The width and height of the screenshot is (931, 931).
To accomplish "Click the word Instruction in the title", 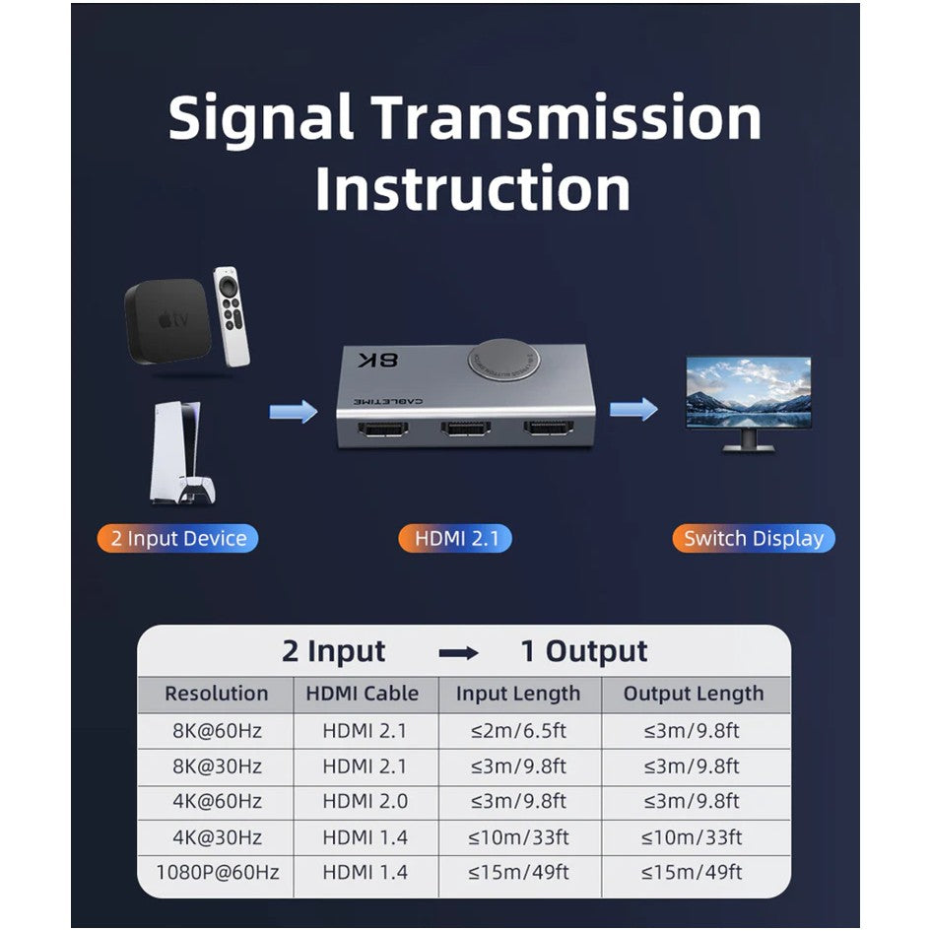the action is [472, 189].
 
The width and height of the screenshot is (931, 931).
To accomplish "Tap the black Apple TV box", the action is [167, 322].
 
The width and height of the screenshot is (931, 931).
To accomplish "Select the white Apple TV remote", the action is [232, 316].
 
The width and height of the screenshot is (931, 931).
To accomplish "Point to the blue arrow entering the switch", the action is [294, 411].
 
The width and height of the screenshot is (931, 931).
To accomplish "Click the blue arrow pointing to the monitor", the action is [633, 409].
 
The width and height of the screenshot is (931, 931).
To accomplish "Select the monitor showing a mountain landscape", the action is [748, 404].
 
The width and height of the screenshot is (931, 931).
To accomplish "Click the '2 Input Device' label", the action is [177, 538].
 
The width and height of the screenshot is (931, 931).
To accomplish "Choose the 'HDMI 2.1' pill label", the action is [455, 538].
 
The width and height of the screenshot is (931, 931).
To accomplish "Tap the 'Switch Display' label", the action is [754, 538].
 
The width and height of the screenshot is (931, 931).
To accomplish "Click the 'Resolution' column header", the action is [216, 694].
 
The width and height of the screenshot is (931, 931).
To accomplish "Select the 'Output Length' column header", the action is [694, 694].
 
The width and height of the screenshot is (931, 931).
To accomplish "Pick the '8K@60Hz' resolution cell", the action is [218, 730].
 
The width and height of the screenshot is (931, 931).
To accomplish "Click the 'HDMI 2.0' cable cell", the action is [366, 802].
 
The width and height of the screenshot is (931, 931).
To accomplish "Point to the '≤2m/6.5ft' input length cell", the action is [518, 730].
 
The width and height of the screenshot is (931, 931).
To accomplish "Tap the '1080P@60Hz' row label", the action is [218, 872].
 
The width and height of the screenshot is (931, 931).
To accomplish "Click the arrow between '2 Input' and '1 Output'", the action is [458, 653].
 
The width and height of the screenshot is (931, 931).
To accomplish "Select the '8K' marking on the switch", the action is [378, 360].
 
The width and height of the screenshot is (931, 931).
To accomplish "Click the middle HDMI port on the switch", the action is [465, 429].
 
